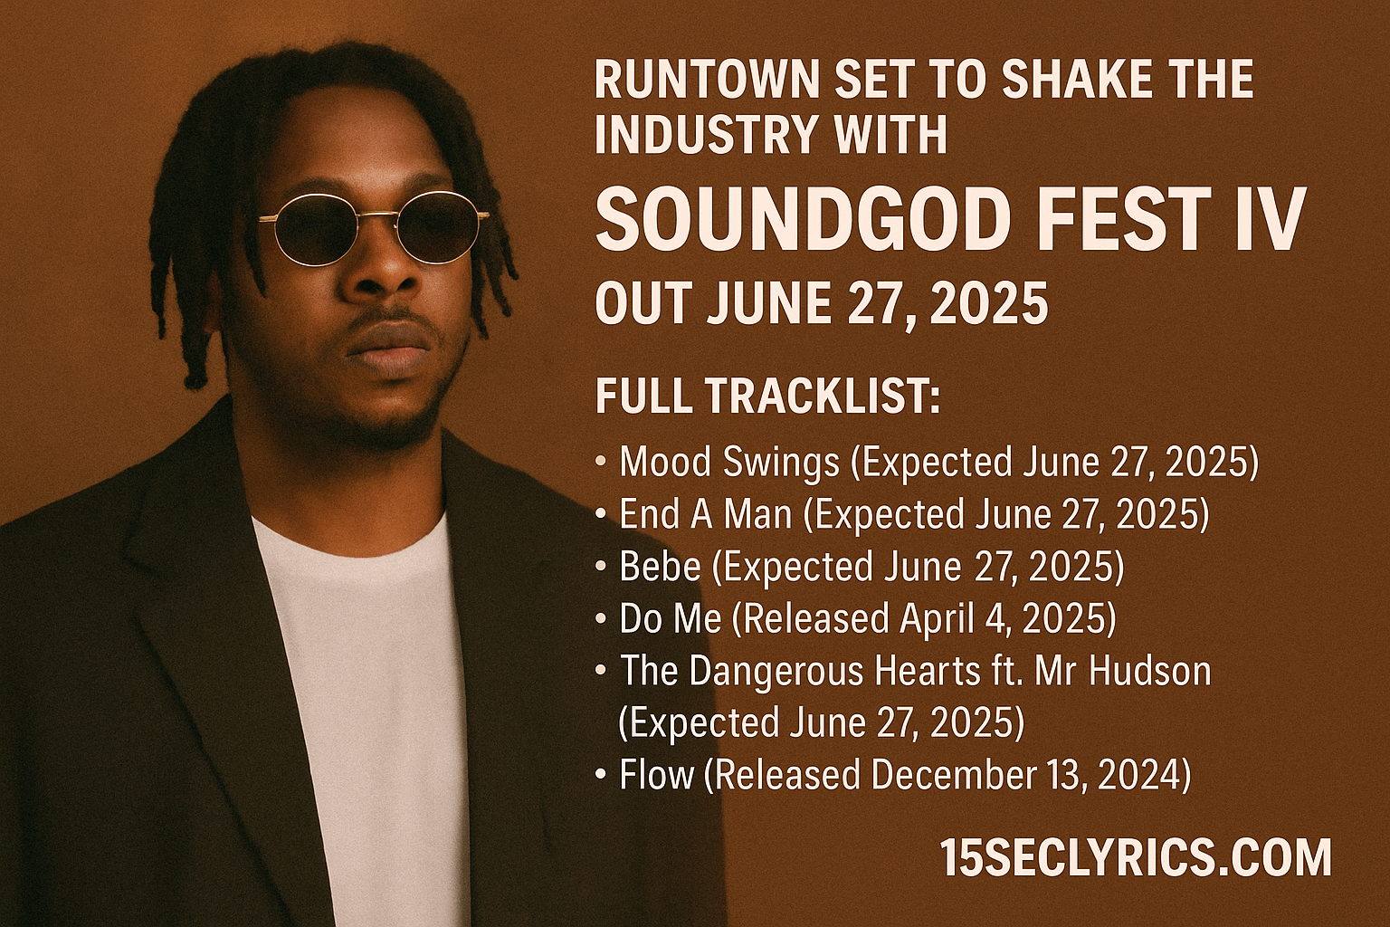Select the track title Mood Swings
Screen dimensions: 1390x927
[x=729, y=463]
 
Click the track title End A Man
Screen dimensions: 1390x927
[x=706, y=515]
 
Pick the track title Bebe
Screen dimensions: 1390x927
[x=661, y=567]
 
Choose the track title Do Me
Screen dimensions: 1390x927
[x=671, y=617]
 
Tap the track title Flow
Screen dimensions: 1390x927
[x=656, y=774]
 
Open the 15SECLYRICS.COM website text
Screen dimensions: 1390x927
[x=1135, y=857]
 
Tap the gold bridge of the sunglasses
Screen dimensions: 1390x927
[x=376, y=215]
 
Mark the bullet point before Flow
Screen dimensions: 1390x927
[x=600, y=774]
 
